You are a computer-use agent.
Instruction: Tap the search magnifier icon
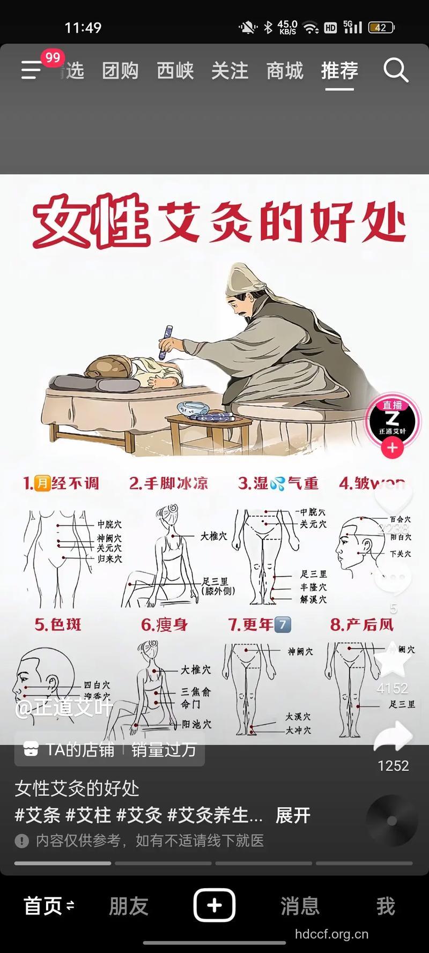tap(396, 70)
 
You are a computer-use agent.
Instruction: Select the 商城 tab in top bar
tap(285, 71)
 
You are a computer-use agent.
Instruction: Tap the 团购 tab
tap(120, 71)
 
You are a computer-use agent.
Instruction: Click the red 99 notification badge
tap(53, 57)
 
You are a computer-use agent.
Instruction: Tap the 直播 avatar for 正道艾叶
tap(393, 422)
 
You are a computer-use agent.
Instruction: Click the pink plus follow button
tap(393, 448)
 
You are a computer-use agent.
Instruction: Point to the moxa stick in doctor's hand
tap(166, 342)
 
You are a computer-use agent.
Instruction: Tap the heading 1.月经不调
tap(61, 483)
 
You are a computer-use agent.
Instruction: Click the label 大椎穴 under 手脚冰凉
tap(214, 535)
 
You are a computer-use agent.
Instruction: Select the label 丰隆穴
tap(313, 587)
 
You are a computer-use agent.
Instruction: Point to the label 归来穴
tap(109, 559)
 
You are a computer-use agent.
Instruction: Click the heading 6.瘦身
tap(164, 624)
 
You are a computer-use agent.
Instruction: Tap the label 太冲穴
tap(298, 730)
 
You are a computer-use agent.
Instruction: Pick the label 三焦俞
tap(196, 691)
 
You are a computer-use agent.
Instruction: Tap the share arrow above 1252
tap(393, 737)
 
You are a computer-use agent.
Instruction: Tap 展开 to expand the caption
tap(293, 815)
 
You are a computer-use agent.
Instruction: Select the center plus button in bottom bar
tap(214, 905)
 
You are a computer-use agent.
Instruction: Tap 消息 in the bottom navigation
tap(300, 906)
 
